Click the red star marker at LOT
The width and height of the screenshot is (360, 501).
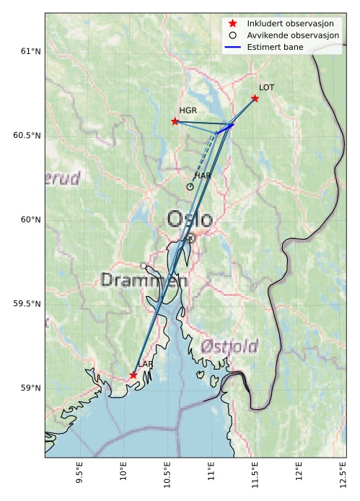pyautogui.click(x=255, y=98)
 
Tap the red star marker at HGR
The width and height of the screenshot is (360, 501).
pyautogui.click(x=175, y=121)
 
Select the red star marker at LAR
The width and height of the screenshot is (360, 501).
pyautogui.click(x=133, y=375)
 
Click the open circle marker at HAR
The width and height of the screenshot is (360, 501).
pyautogui.click(x=190, y=187)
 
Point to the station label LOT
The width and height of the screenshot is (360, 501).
pyautogui.click(x=266, y=87)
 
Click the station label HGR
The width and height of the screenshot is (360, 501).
pyautogui.click(x=188, y=110)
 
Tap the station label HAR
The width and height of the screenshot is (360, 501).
pyautogui.click(x=202, y=175)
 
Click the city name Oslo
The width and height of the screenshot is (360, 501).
pyautogui.click(x=190, y=219)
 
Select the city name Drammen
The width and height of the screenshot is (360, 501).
pyautogui.click(x=144, y=280)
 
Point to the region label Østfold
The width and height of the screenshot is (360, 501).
pyautogui.click(x=229, y=346)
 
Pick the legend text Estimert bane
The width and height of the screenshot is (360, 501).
pyautogui.click(x=275, y=47)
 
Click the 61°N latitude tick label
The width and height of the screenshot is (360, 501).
pyautogui.click(x=30, y=51)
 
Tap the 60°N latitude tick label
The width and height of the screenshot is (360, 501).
pyautogui.click(x=30, y=219)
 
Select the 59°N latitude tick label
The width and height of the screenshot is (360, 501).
pyautogui.click(x=30, y=388)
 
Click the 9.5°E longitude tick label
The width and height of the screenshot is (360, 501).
pyautogui.click(x=80, y=478)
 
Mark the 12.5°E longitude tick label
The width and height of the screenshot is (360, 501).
pyautogui.click(x=342, y=478)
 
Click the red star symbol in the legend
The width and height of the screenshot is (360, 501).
pyautogui.click(x=232, y=23)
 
